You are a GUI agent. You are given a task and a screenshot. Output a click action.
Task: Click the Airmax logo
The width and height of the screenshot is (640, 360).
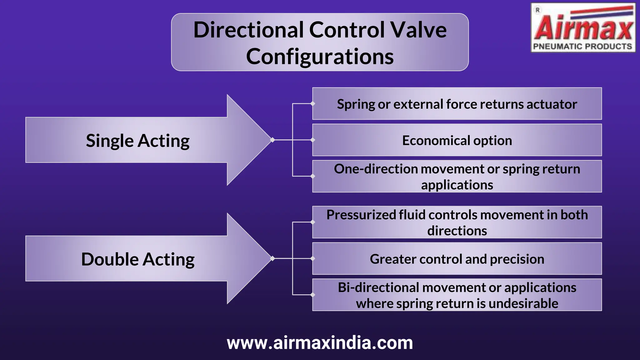(x=583, y=28)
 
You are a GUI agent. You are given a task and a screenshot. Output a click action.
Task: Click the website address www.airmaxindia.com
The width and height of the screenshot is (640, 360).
(x=320, y=343)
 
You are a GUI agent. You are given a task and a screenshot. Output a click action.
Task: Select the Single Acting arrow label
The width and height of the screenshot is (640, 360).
(x=137, y=141)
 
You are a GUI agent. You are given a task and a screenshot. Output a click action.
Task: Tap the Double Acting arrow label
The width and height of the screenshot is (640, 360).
(x=137, y=259)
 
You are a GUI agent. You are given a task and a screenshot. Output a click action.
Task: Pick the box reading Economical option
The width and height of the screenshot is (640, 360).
(x=457, y=140)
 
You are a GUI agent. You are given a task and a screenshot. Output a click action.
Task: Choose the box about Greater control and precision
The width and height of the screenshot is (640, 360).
(x=457, y=259)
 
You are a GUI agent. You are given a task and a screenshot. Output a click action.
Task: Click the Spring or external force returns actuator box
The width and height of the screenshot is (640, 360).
(x=457, y=104)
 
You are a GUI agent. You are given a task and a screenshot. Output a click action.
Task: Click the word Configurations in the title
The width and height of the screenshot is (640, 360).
(x=320, y=57)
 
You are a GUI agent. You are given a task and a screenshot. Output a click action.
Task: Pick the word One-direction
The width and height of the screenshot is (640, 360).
(x=375, y=169)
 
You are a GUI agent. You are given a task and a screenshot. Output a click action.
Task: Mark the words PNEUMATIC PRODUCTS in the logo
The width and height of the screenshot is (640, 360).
(x=582, y=47)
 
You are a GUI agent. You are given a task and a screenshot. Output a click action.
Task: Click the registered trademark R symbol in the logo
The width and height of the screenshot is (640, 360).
(x=537, y=10)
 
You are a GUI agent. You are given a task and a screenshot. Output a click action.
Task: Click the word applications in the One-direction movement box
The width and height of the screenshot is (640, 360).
(x=457, y=185)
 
